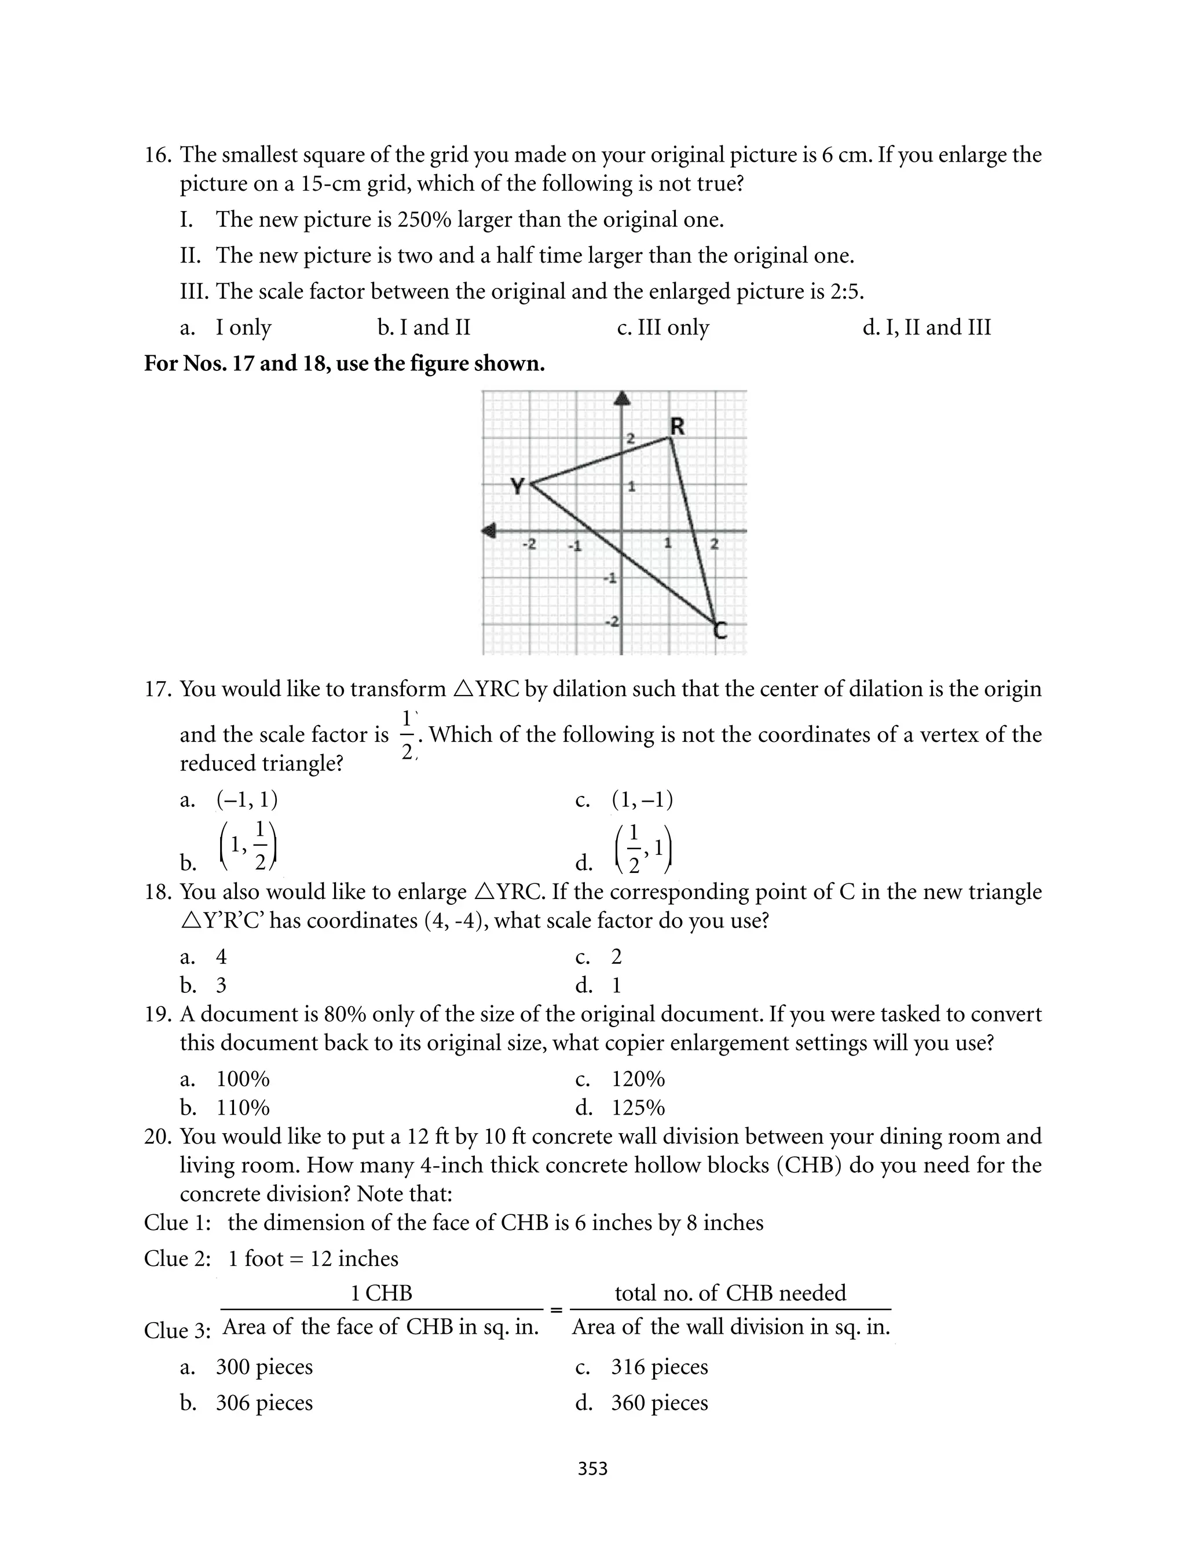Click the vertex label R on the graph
[677, 427]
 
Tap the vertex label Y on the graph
[518, 486]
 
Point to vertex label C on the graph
[719, 629]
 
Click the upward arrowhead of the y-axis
[622, 399]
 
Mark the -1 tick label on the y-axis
[609, 578]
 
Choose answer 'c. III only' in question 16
[662, 327]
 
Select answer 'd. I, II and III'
[926, 327]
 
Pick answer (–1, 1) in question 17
[246, 800]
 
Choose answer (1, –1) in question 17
[642, 800]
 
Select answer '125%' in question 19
[638, 1108]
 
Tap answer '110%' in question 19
[242, 1108]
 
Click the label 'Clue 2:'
[177, 1259]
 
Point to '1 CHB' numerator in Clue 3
[381, 1293]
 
